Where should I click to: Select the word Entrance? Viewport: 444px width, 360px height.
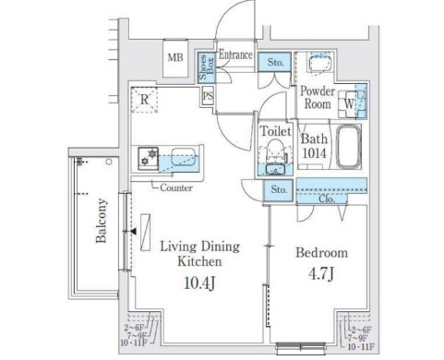coord(236,55)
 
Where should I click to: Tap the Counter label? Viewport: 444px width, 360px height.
coord(175,188)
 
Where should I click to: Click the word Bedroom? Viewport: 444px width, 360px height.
coord(320,252)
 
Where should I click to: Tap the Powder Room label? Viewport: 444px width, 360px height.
coord(317,98)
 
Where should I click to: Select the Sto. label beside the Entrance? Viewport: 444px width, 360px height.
coord(275,64)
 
